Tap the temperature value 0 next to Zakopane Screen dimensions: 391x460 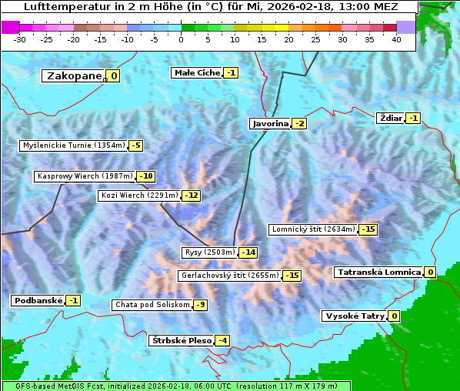coord(114,75)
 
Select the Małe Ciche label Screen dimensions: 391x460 coord(197,72)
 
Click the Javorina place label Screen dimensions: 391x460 coord(270,123)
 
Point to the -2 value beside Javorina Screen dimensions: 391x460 coord(299,123)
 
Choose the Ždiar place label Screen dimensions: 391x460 coord(391,118)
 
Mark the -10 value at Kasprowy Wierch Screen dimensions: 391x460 coord(145,176)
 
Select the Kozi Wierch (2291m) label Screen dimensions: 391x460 coord(139,195)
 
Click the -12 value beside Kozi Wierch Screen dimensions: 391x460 coord(191,195)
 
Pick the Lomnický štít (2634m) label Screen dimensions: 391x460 coord(313,229)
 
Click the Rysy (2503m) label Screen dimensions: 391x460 coord(209,252)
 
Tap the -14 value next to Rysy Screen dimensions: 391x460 coord(248,252)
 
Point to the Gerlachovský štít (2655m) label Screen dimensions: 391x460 coord(229,275)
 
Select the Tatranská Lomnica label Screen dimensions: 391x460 coord(378,272)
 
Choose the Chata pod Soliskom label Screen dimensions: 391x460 coord(152,305)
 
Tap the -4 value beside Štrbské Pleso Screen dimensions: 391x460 coord(222,340)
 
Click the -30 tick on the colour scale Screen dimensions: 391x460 coord(20,38)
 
